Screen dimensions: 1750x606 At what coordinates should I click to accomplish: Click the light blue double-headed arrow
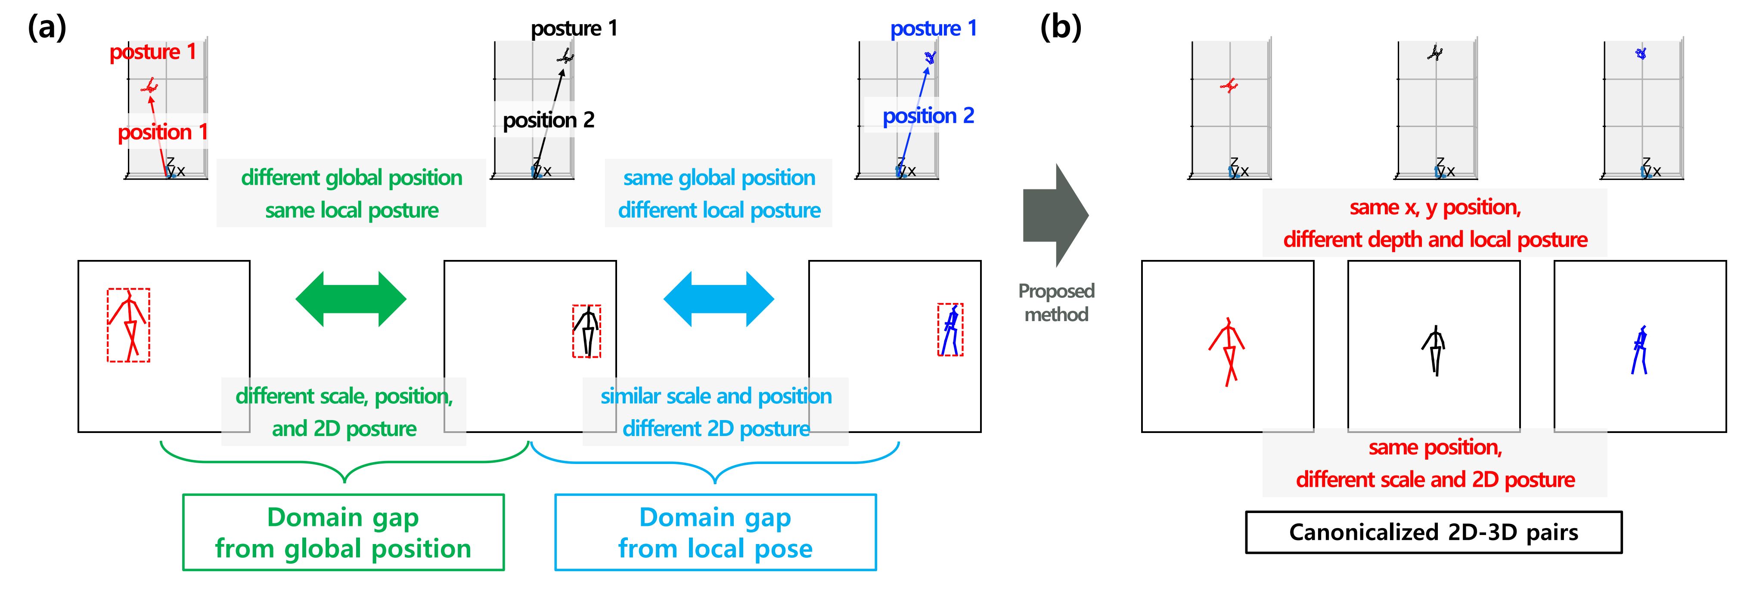point(719,299)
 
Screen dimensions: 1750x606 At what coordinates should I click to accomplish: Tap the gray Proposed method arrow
point(1056,215)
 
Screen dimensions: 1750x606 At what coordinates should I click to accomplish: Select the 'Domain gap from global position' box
point(343,532)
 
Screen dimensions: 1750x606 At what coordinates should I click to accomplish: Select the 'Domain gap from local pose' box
point(715,532)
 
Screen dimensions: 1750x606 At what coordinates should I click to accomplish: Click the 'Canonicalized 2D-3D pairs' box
point(1434,532)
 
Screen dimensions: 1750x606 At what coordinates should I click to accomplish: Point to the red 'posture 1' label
point(153,52)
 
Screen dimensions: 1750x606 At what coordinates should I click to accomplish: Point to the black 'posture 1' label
point(574,28)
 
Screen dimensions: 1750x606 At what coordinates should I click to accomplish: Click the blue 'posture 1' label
point(934,28)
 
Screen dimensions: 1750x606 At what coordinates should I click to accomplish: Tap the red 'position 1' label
point(162,132)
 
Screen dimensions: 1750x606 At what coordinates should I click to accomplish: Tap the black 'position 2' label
point(548,120)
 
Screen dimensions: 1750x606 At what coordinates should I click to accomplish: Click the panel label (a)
point(47,28)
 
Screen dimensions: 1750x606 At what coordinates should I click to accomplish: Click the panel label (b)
point(1061,28)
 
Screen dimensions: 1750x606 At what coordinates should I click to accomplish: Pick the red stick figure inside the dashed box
point(128,325)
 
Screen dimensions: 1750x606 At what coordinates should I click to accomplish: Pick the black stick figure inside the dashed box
point(586,331)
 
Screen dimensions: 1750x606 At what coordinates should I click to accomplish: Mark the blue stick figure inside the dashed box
point(950,330)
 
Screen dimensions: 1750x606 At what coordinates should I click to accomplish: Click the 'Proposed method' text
point(1056,302)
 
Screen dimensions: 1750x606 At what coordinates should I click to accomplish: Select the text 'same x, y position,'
point(1435,207)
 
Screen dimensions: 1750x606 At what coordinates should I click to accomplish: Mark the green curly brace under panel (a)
point(344,462)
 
